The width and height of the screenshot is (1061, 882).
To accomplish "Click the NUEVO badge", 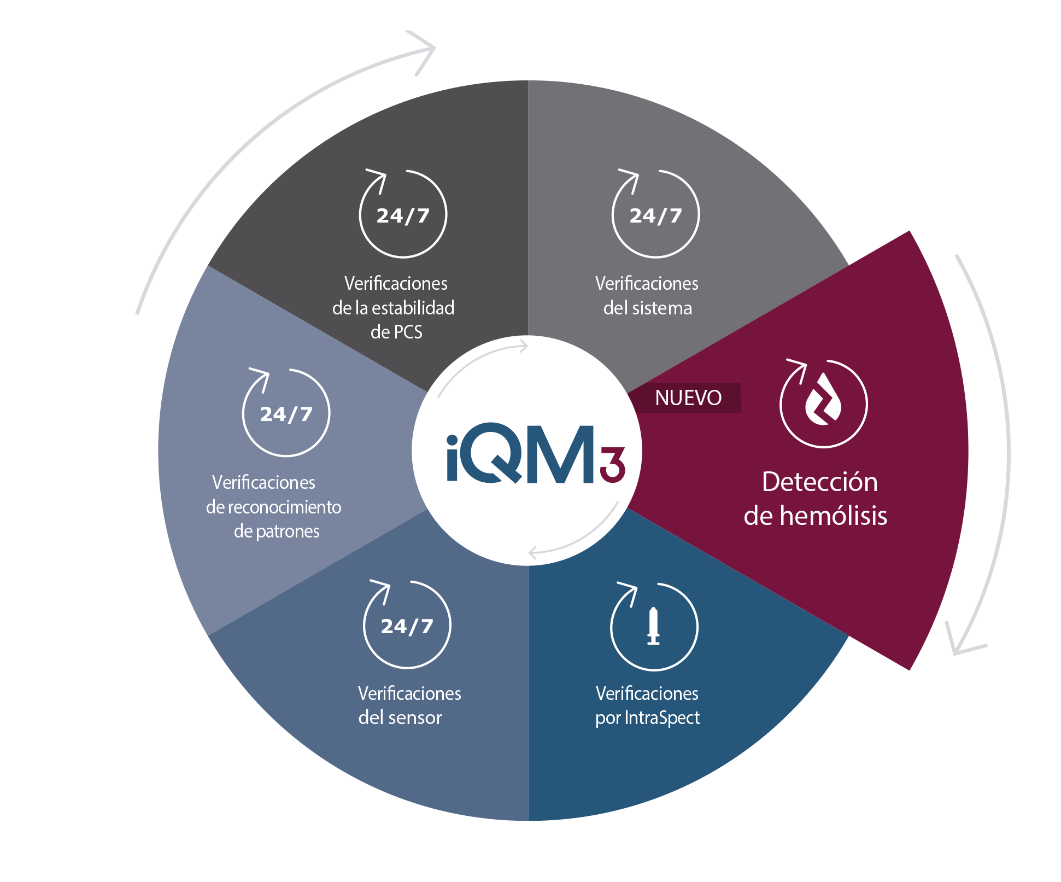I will coord(688,398).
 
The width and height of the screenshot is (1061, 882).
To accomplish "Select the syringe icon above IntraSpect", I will coord(653,627).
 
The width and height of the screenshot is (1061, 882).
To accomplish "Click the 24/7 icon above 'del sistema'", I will coord(655,214).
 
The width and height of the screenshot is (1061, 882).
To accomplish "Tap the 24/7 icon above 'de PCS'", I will coord(403,214).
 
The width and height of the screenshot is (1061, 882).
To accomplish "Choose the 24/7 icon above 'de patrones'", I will coord(286,413).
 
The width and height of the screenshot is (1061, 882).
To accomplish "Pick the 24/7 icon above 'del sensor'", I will coord(407,625).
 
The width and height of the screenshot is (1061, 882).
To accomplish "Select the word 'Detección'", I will coord(819,482).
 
